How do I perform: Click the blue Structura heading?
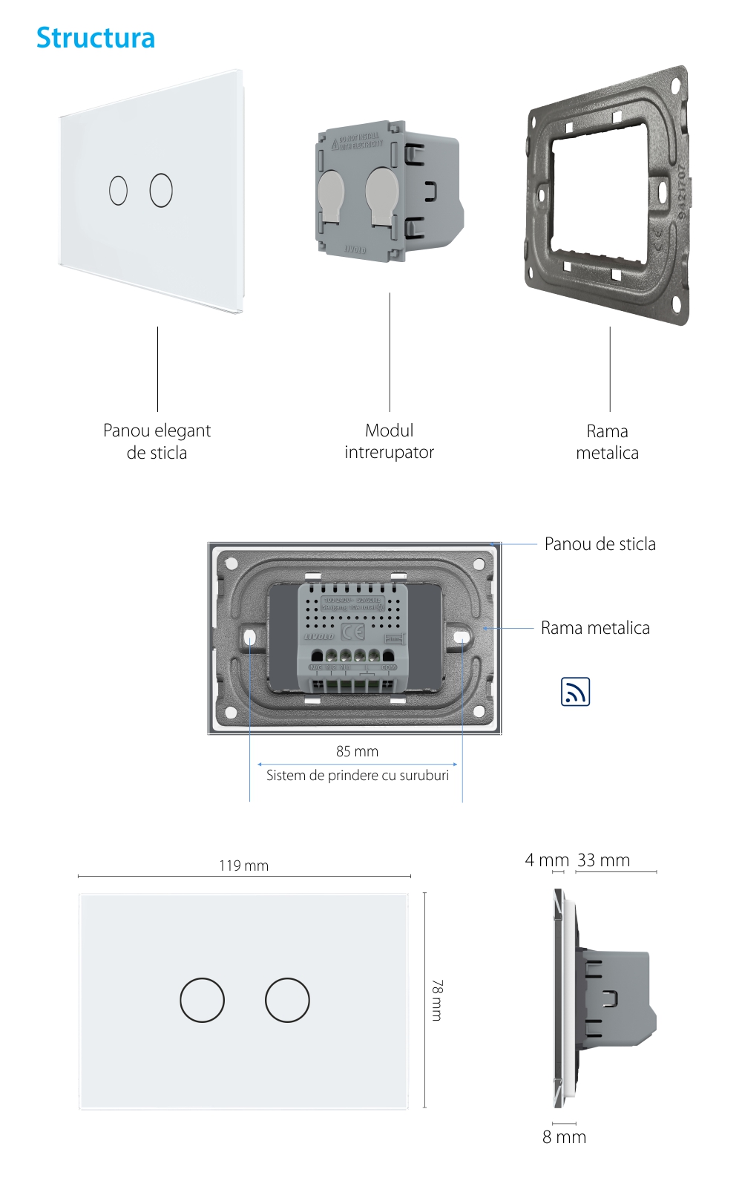tap(96, 38)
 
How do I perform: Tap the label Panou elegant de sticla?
tap(157, 442)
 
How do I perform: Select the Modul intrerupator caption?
tap(389, 441)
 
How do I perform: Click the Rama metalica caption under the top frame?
tap(607, 442)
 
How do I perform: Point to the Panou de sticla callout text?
tap(600, 544)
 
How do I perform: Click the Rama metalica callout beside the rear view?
tap(595, 628)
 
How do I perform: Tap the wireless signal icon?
tap(575, 691)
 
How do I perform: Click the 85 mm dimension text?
tap(357, 751)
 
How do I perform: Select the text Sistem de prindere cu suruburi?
tap(358, 775)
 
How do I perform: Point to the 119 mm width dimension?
tap(243, 866)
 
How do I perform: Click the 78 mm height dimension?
tap(437, 999)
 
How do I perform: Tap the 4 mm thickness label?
tap(547, 860)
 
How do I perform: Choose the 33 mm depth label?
tap(603, 860)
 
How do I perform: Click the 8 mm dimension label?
tap(564, 1137)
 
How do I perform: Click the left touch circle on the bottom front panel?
tap(202, 1000)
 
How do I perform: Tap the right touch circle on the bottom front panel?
tap(287, 1000)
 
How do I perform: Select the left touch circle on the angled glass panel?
tap(118, 190)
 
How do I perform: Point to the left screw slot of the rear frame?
tap(250, 637)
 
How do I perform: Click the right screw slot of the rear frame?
tap(462, 637)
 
